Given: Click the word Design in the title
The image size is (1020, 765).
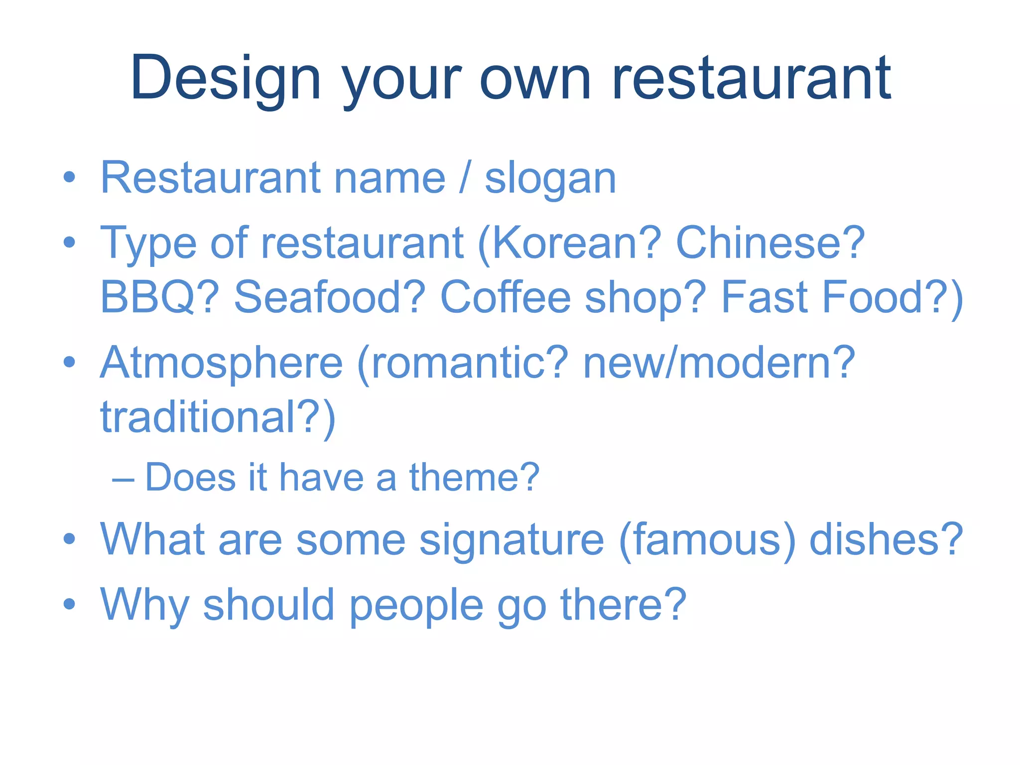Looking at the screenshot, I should click(x=226, y=79).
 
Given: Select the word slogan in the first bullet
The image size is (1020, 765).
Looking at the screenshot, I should click(x=550, y=179).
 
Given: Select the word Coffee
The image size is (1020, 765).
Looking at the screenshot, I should click(x=505, y=297).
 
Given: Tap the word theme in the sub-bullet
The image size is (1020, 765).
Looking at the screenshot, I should click(x=474, y=478).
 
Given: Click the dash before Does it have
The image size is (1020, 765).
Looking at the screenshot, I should click(x=123, y=479).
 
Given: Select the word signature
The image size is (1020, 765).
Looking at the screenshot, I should click(x=511, y=540).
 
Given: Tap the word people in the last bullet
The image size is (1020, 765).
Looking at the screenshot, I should click(x=416, y=606).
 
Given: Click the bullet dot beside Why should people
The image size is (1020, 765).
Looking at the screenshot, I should click(x=69, y=604).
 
